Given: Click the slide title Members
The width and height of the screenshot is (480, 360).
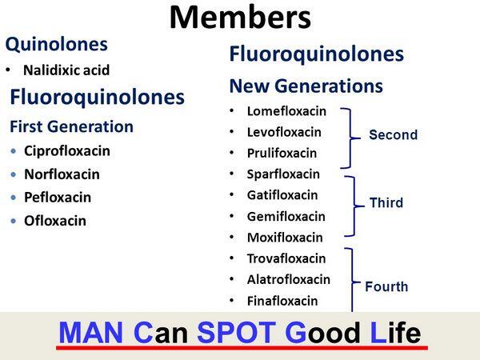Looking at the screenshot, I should (241, 16).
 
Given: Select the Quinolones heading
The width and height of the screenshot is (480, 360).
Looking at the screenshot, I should (56, 45).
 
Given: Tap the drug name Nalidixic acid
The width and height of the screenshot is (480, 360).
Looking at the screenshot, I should (66, 70).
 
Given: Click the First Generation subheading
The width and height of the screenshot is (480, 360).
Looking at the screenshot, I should (71, 126).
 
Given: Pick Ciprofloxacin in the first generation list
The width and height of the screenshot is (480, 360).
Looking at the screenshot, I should (67, 150).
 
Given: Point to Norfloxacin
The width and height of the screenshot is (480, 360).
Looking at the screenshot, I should (62, 174).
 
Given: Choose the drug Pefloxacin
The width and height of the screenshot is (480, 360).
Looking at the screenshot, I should (58, 197).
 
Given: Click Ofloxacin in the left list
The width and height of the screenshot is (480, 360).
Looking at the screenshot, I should (55, 220).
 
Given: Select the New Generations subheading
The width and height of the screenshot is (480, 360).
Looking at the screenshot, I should (306, 86).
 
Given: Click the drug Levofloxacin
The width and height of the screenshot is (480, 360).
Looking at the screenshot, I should (284, 132).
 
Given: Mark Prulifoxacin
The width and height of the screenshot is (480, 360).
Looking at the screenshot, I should (282, 153).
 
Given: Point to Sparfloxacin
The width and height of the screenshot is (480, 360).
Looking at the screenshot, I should (283, 174).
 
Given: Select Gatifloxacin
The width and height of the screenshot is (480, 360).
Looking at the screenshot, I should (282, 194).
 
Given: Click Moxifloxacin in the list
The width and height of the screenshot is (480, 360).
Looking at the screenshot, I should (285, 237).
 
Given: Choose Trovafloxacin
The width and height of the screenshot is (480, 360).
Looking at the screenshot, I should (286, 258).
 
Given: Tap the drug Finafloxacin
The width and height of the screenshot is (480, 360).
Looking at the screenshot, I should (282, 301).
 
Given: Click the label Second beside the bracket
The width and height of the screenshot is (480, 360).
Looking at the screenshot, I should (393, 135).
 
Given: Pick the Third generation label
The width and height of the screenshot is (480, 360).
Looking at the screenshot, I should (386, 203).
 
